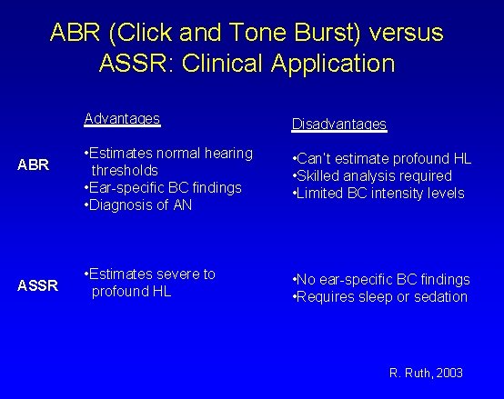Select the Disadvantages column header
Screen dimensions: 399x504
(339, 124)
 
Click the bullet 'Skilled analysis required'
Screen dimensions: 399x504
(372, 175)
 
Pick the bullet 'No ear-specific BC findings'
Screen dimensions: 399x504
(379, 279)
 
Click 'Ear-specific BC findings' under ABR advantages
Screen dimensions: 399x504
(162, 186)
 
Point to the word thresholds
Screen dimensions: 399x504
(124, 170)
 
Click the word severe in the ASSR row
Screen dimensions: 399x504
(178, 274)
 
